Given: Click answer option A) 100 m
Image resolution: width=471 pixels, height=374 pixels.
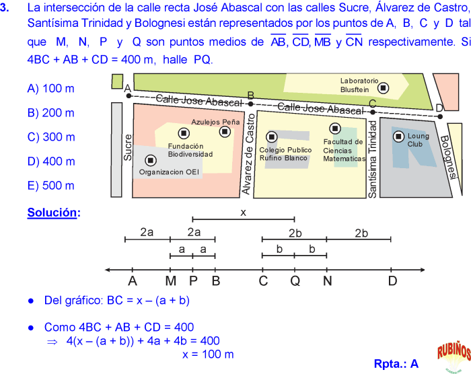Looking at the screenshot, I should tap(50, 89).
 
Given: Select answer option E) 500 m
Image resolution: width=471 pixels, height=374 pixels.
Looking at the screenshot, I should tap(50, 186).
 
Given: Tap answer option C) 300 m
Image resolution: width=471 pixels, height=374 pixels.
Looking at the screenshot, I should tap(50, 137).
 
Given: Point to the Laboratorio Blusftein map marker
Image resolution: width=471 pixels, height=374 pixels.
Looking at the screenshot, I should tap(383, 87).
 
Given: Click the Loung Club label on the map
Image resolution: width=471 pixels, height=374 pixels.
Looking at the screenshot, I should tap(418, 140).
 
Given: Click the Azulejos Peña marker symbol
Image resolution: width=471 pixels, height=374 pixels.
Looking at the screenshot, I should tap(225, 132).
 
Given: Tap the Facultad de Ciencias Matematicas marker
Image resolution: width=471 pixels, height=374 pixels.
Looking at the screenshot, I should tap(334, 128).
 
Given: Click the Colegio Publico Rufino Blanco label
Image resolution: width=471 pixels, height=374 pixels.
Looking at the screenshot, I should tap(285, 154).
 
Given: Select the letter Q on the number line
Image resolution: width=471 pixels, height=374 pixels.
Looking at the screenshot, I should tap(295, 281).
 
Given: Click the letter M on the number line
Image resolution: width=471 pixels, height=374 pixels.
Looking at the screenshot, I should tap(170, 281).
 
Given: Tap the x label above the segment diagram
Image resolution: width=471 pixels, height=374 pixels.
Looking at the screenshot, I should tap(244, 212).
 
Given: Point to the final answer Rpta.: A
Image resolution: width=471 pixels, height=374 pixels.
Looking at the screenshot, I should tap(396, 364).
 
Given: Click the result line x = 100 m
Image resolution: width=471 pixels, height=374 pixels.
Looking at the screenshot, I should tap(208, 354).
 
